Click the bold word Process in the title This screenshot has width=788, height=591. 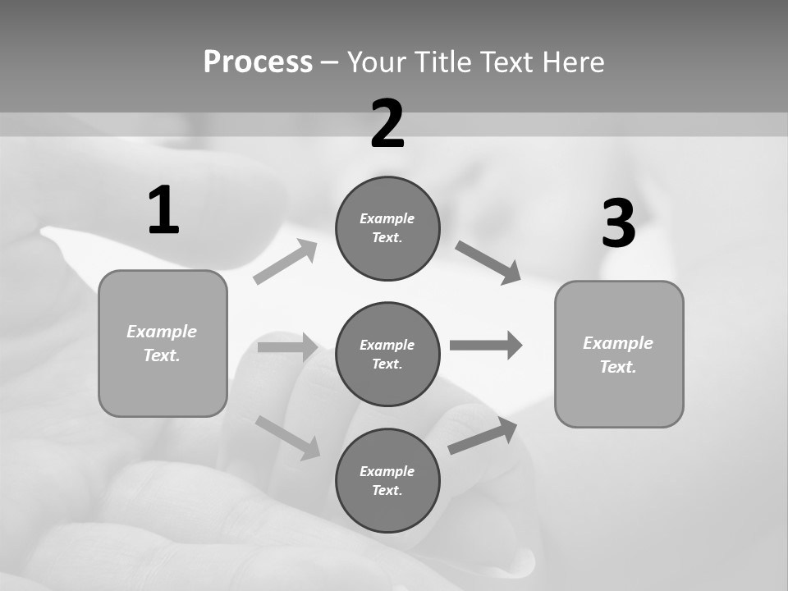(x=258, y=62)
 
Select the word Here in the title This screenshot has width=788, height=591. (x=573, y=62)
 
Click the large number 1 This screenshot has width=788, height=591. (x=163, y=211)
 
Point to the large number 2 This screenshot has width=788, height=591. (x=387, y=124)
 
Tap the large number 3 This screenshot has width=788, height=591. (x=618, y=224)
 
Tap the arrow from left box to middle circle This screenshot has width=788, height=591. (x=287, y=347)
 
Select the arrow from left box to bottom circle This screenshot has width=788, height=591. (x=287, y=437)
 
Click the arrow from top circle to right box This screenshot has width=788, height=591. (x=488, y=263)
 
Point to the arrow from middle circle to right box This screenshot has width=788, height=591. (x=486, y=345)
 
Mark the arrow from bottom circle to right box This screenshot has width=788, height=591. (x=483, y=436)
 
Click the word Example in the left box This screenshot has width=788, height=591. (x=162, y=332)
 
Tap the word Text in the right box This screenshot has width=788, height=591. (x=617, y=367)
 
